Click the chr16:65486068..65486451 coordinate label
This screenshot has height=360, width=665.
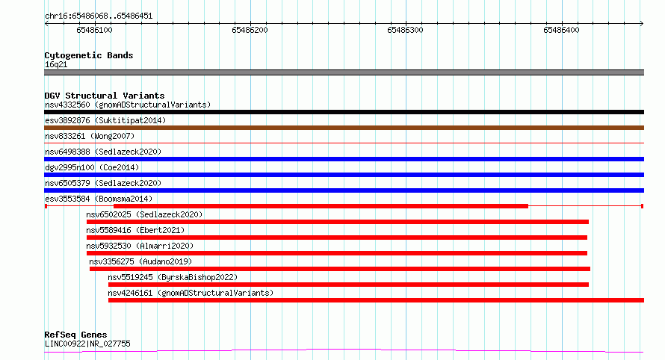tap(99, 16)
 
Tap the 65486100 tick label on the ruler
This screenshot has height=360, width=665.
tap(94, 30)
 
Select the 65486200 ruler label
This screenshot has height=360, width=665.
tap(250, 30)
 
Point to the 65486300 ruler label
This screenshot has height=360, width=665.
tap(406, 30)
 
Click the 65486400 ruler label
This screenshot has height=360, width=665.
tap(561, 30)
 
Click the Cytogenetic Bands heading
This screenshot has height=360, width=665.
tap(89, 55)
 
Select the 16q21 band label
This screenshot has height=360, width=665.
tap(56, 64)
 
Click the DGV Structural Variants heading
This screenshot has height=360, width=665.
tap(105, 96)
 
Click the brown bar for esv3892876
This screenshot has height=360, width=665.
tap(344, 128)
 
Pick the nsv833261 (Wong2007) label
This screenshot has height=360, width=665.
tap(90, 136)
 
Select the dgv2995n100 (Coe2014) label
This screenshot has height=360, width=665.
tap(92, 167)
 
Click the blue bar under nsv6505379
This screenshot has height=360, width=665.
tap(344, 190)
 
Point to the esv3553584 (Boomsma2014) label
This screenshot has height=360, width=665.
tap(99, 199)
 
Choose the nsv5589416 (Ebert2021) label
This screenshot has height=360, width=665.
tap(135, 230)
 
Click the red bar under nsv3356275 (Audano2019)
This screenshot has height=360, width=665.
tap(340, 269)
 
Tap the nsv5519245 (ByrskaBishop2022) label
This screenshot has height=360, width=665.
tap(173, 277)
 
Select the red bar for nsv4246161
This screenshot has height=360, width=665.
tap(376, 300)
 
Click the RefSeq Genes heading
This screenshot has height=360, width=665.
tap(75, 335)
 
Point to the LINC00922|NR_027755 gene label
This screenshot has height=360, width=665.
tap(87, 344)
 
